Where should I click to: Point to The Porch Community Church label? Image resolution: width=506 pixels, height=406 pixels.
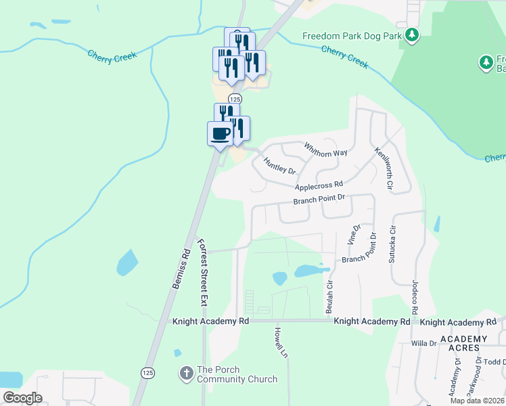[x=237, y=374]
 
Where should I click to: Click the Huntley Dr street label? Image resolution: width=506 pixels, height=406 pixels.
[x=280, y=165]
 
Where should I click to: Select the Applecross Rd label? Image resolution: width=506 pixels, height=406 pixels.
[x=319, y=184]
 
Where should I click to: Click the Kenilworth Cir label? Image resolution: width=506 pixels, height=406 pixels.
[x=384, y=164]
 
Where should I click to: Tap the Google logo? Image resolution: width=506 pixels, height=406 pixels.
[x=22, y=398]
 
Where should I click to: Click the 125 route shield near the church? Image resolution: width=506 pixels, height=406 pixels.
[x=147, y=373]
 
